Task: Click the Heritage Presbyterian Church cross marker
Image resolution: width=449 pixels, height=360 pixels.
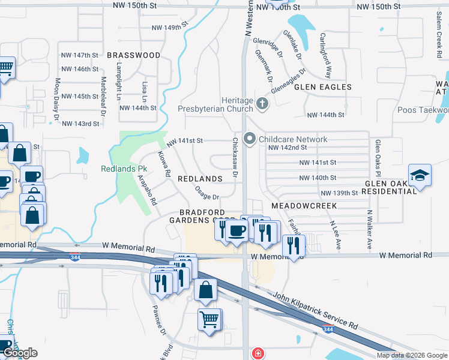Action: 262,104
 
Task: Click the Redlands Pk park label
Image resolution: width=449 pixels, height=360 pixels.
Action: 124,169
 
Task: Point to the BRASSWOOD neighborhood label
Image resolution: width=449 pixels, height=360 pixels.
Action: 134,55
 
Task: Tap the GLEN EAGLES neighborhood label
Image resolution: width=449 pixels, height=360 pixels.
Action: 322,87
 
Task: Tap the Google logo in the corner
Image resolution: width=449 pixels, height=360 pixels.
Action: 20,353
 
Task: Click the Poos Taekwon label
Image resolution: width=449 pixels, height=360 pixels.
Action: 423,110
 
